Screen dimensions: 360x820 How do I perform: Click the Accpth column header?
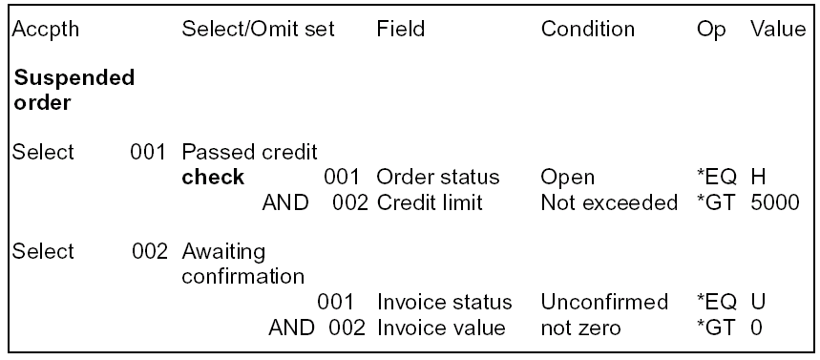[x=47, y=30]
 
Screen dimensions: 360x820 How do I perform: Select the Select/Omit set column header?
[x=258, y=30]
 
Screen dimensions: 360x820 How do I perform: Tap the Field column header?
[x=399, y=30]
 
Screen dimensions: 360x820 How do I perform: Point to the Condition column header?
[x=587, y=30]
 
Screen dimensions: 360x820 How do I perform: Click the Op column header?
[x=709, y=30]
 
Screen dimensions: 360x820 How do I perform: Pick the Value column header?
[x=778, y=30]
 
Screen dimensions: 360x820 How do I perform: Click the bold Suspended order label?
[x=74, y=90]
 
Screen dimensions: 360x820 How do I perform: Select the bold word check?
[x=213, y=178]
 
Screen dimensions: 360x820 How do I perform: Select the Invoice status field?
[x=444, y=303]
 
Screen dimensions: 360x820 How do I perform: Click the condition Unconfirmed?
[x=604, y=303]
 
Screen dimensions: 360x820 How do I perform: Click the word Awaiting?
[x=222, y=253]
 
